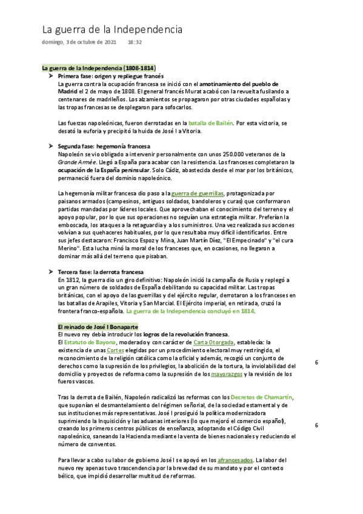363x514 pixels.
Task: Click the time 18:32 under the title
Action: pyautogui.click(x=135, y=42)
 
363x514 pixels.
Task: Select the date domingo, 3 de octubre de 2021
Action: pyautogui.click(x=78, y=42)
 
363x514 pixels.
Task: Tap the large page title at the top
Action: pyautogui.click(x=112, y=29)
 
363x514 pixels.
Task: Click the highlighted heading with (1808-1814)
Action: pyautogui.click(x=99, y=67)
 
